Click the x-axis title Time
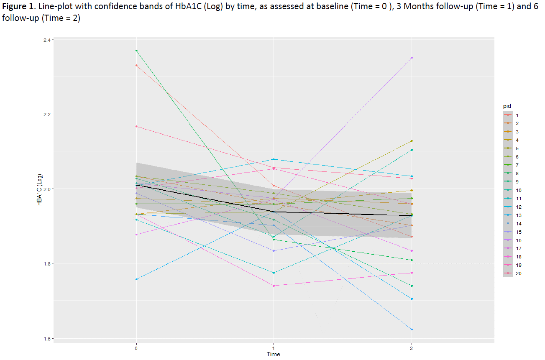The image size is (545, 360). click(x=274, y=355)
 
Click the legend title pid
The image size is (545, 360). click(x=507, y=106)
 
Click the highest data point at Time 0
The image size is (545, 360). click(x=136, y=51)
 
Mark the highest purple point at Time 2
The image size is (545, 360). click(x=412, y=58)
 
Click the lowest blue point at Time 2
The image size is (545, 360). click(x=412, y=329)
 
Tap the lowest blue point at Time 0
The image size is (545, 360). click(x=136, y=279)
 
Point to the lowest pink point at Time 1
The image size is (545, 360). click(x=274, y=286)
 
